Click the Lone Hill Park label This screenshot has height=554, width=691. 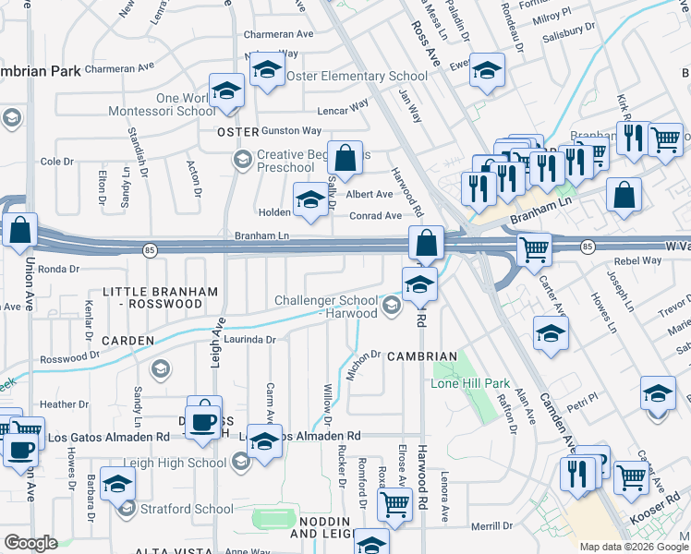[x=471, y=383]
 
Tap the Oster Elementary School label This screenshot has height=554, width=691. [x=357, y=76]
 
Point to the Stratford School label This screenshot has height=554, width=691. [x=186, y=508]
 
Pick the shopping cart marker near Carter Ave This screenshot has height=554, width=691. [x=534, y=247]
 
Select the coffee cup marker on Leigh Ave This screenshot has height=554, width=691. [x=203, y=421]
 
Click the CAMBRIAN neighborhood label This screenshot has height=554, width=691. [x=422, y=356]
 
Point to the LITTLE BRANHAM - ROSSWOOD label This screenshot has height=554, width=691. [x=161, y=297]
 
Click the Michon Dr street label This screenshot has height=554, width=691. [x=364, y=355]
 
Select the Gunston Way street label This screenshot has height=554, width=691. [x=291, y=131]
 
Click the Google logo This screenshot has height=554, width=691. [x=30, y=543]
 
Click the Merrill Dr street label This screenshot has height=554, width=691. [x=491, y=526]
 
